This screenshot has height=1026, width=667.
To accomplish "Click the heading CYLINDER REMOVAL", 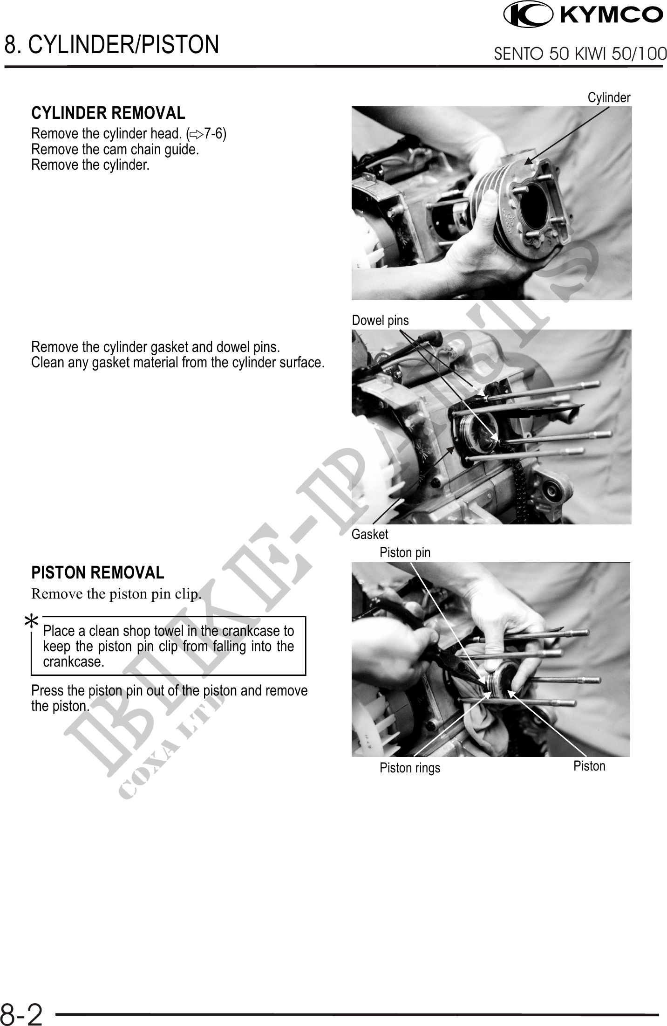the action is (x=108, y=113).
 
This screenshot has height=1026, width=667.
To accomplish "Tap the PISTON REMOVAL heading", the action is (x=98, y=572).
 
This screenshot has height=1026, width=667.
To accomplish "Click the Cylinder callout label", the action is (x=609, y=97).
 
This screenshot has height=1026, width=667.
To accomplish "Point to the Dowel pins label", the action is (x=380, y=320).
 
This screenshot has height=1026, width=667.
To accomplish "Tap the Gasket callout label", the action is (x=370, y=534).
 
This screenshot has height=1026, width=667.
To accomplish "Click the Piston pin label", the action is (x=405, y=552).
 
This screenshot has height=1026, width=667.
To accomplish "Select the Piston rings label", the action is (x=410, y=768).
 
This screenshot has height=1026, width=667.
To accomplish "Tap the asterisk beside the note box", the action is (x=31, y=622).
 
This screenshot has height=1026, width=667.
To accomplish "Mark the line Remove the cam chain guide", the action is (x=115, y=150).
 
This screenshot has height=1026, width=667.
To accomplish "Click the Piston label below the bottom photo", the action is (x=589, y=766).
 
